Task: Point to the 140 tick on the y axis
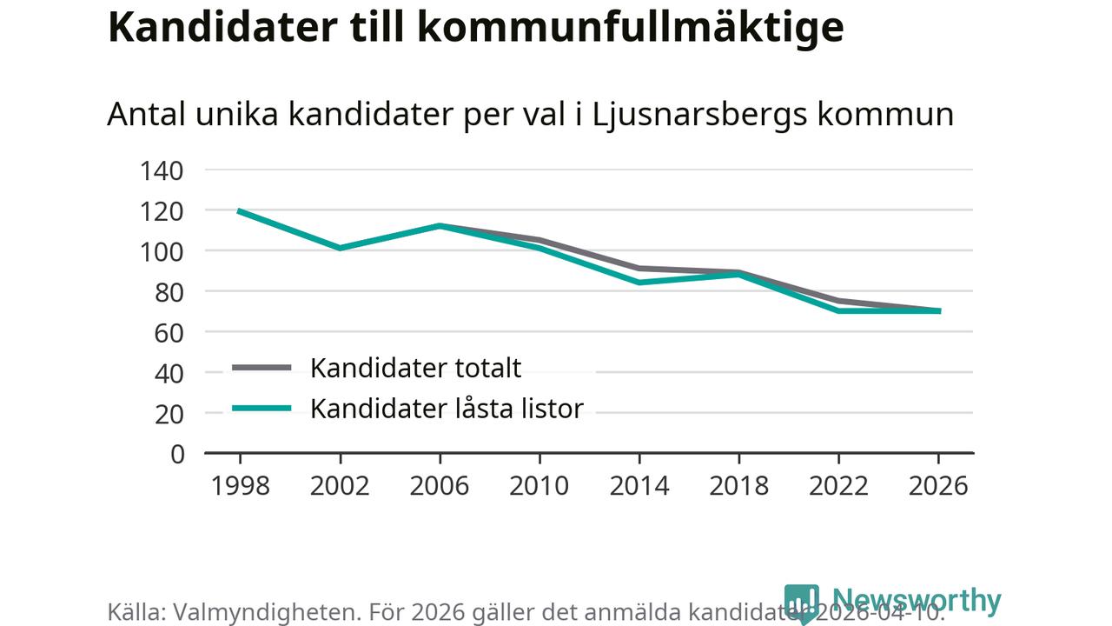pyautogui.click(x=162, y=170)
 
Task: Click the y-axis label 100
pyautogui.click(x=162, y=251)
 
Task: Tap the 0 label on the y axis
pyautogui.click(x=178, y=454)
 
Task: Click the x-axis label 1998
pyautogui.click(x=240, y=485)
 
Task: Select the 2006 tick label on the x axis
pyautogui.click(x=439, y=485)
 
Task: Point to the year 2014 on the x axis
pyautogui.click(x=639, y=485)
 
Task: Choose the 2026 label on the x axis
pyautogui.click(x=937, y=485)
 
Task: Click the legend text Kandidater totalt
pyautogui.click(x=415, y=368)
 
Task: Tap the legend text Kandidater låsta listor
pyautogui.click(x=447, y=408)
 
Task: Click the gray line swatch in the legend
pyautogui.click(x=261, y=368)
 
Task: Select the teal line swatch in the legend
pyautogui.click(x=261, y=408)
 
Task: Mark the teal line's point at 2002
pyautogui.click(x=340, y=248)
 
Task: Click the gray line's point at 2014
pyautogui.click(x=639, y=268)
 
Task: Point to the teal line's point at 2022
pyautogui.click(x=838, y=310)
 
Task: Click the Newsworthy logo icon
pyautogui.click(x=801, y=603)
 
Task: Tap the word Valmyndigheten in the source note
pyautogui.click(x=264, y=612)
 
